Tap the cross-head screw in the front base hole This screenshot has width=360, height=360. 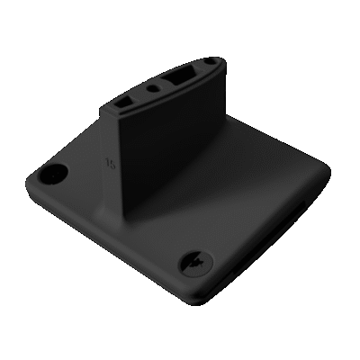(196, 262)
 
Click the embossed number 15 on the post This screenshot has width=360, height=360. (110, 164)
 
